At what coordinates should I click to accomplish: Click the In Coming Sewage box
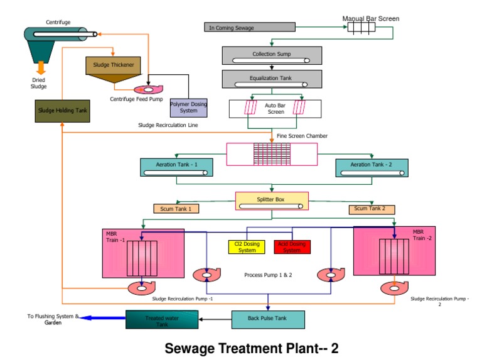point(250,27)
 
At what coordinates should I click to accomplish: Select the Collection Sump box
point(271,55)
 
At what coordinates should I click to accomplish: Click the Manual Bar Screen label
point(370,18)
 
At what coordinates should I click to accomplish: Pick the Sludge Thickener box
point(114,64)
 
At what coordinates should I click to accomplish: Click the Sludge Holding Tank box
point(61,111)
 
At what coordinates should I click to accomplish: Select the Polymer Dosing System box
point(188,107)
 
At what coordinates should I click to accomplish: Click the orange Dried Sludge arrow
point(40,67)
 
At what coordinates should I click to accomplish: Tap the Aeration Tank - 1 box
point(176,167)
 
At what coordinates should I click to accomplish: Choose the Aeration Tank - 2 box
point(372,167)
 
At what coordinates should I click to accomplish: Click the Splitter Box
point(270,201)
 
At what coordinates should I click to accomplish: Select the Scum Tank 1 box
point(176,209)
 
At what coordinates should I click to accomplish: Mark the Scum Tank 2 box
point(372,209)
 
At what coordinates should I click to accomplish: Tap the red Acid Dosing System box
point(292,246)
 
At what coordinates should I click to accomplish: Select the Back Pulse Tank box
point(268,319)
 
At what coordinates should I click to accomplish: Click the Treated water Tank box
point(163,320)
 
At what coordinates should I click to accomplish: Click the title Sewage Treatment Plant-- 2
point(251,348)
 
